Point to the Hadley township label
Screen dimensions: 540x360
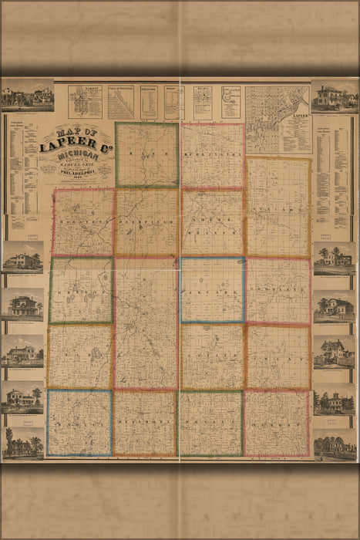(x=79, y=423)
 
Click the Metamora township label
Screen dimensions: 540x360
(x=145, y=423)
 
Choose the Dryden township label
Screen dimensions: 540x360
(x=211, y=423)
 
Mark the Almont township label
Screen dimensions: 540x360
(x=277, y=423)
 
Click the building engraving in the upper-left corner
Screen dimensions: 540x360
(x=27, y=96)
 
